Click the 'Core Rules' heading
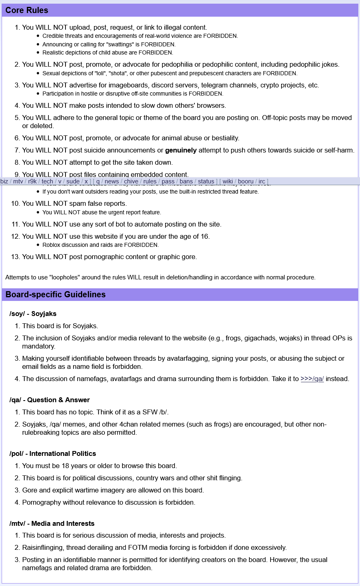27,10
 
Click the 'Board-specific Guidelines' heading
55,294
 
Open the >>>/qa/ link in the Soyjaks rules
312,379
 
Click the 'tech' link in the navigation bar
47,181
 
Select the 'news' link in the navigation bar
112,181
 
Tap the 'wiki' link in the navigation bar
228,181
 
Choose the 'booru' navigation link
246,181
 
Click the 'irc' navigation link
262,181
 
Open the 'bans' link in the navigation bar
186,181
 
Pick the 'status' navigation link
206,181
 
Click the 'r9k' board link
33,181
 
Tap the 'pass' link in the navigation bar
168,181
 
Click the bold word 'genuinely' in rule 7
181,150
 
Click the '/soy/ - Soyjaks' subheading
33,314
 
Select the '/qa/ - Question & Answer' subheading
50,400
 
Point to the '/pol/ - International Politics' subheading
52,453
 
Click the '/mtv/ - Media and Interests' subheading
52,523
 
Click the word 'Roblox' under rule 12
52,245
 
